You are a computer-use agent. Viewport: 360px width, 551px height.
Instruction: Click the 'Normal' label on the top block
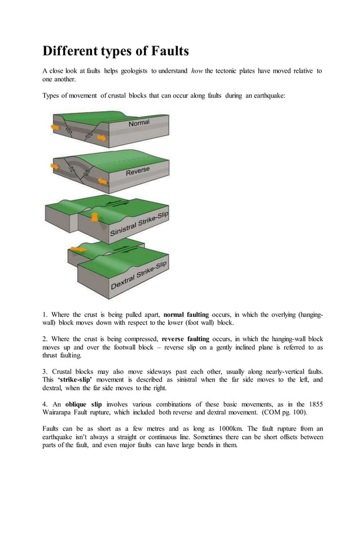(x=139, y=123)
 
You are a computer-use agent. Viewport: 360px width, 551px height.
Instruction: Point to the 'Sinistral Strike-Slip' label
(x=139, y=224)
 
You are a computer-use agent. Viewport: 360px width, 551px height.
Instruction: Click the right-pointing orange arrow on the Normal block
(x=101, y=138)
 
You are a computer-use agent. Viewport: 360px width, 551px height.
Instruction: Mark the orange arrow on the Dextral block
(x=78, y=249)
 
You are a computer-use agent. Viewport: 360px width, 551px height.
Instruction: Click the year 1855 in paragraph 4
(x=314, y=404)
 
